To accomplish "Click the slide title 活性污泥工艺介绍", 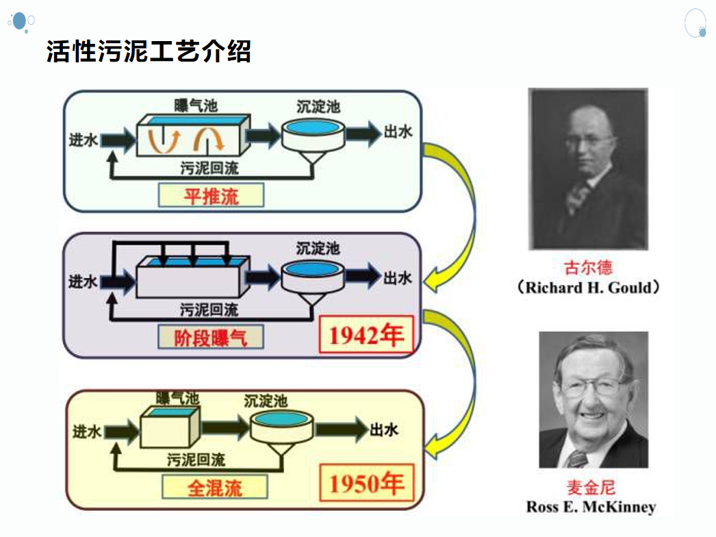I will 149,51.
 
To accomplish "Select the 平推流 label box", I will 211,196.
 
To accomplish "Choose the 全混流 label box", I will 214,488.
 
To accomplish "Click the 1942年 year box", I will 366,336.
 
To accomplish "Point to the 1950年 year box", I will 366,484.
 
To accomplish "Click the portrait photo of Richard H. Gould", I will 588,168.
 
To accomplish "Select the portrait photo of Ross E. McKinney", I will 593,400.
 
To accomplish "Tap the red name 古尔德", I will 588,266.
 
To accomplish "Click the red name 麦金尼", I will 591,488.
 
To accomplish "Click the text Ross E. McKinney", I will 591,508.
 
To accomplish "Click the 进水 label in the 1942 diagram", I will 83,280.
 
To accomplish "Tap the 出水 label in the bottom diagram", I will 383,430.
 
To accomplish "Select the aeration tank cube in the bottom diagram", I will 170,427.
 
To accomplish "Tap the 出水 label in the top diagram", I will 398,132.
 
